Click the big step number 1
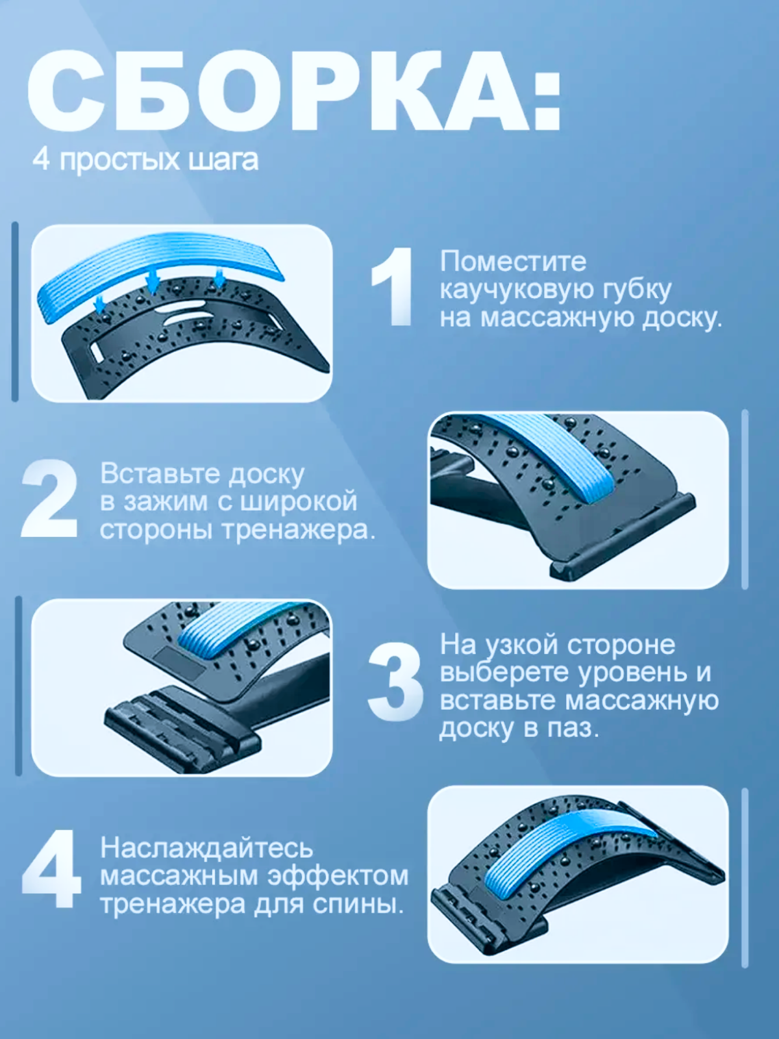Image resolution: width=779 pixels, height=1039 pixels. click(x=391, y=287)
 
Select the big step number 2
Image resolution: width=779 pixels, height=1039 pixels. click(x=49, y=498)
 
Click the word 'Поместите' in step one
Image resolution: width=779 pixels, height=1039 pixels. click(x=513, y=261)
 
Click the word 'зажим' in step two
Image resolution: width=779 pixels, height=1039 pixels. click(x=166, y=503)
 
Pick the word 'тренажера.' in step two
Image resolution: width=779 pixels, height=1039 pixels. click(x=299, y=531)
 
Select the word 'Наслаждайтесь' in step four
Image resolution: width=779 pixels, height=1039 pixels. click(x=206, y=848)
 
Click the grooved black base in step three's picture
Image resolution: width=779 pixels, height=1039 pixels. click(x=182, y=727)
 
